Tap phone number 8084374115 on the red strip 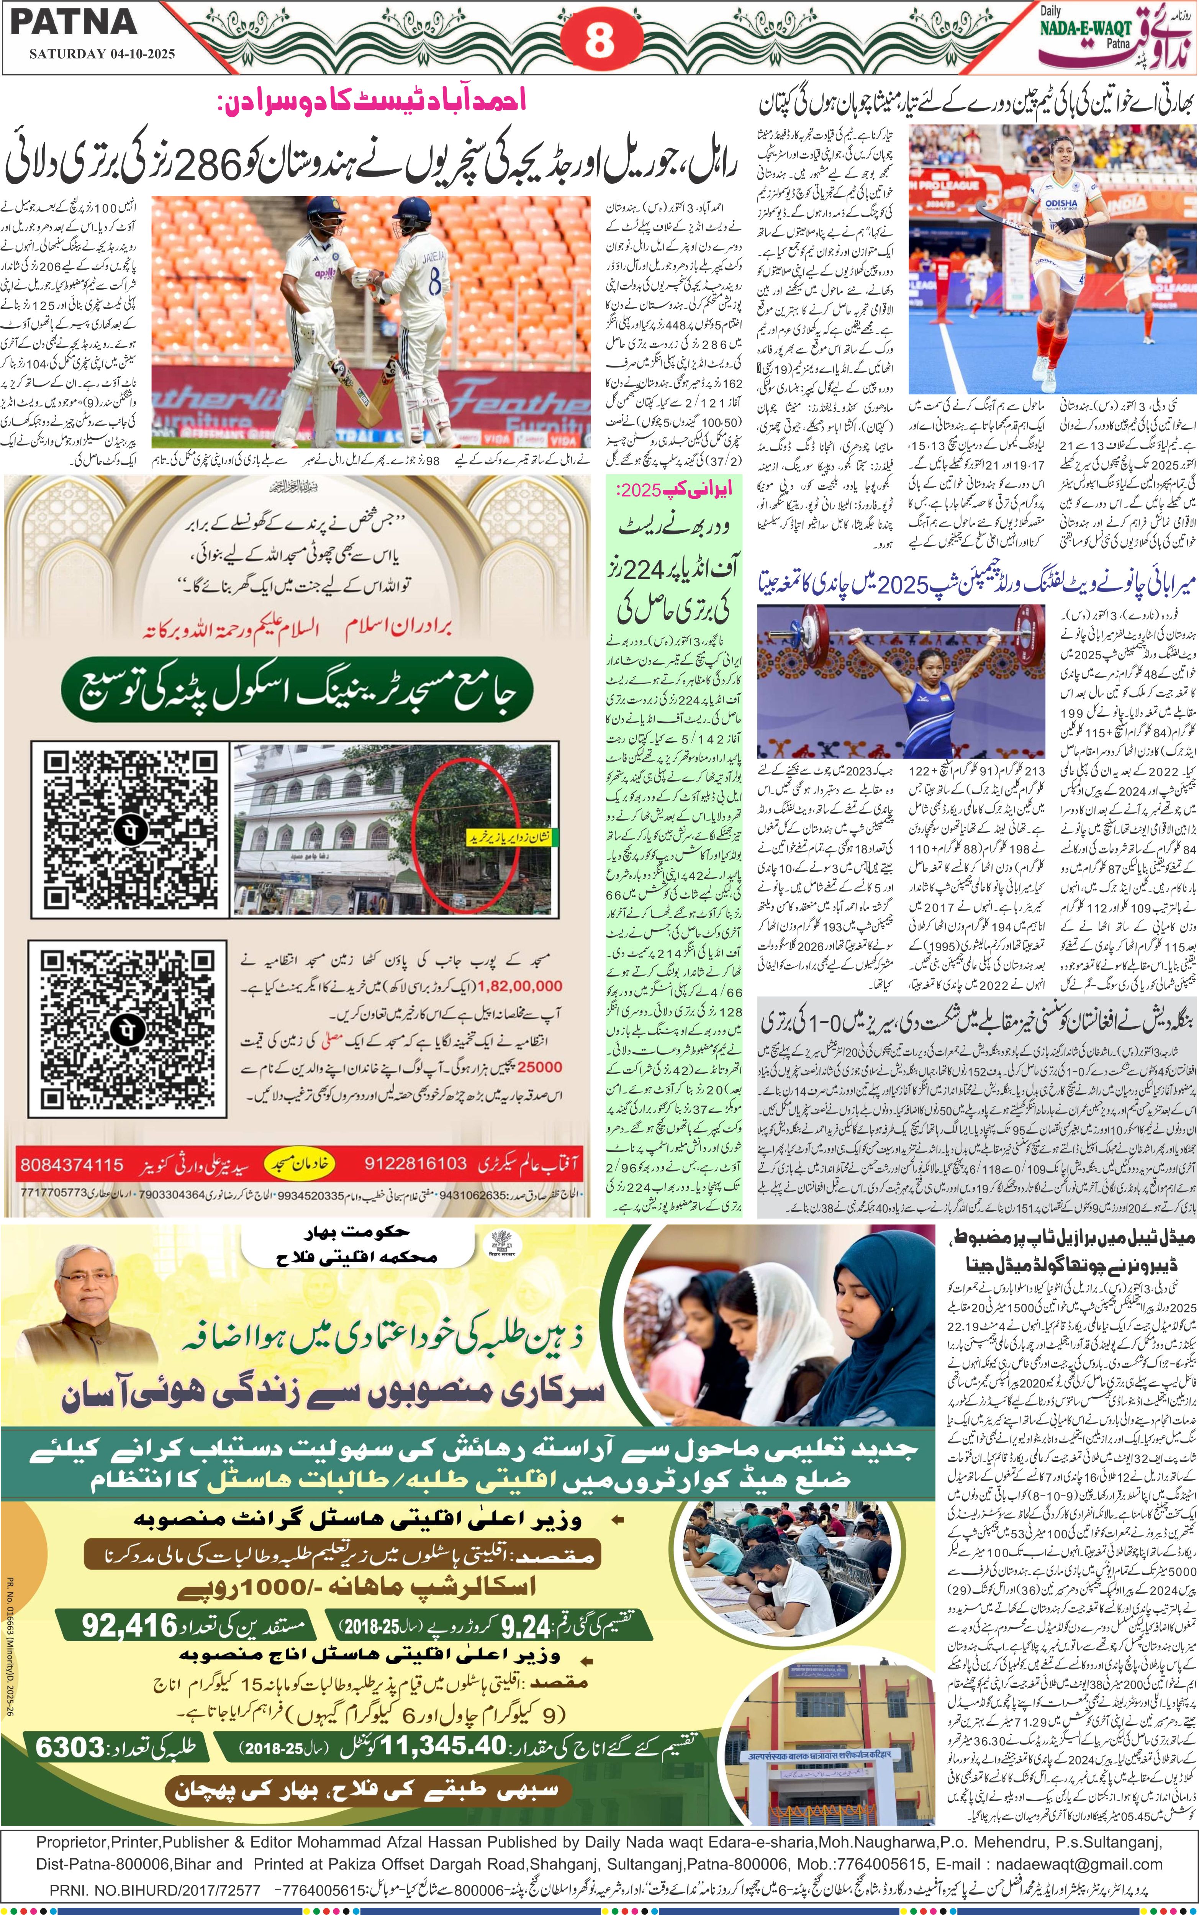(71, 1166)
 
